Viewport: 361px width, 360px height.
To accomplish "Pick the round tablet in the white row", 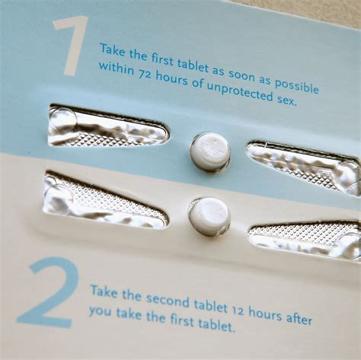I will click(209, 215).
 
